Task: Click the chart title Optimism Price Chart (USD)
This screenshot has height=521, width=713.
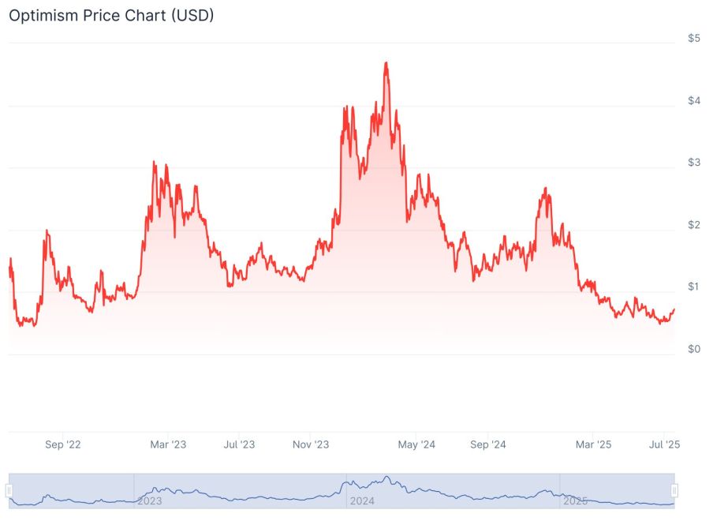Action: click(111, 15)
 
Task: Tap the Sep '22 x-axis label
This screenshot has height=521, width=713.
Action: click(63, 444)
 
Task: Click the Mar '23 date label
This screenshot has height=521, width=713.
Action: click(168, 444)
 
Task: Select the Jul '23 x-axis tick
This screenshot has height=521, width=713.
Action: click(238, 444)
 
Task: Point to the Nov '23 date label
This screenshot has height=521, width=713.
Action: click(311, 444)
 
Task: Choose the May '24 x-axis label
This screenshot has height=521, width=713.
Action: click(416, 444)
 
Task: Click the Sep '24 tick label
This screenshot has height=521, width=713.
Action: click(488, 444)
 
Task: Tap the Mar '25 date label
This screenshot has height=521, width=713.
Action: click(593, 444)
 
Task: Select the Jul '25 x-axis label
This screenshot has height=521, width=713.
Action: click(664, 444)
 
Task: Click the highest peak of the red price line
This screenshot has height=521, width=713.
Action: click(386, 62)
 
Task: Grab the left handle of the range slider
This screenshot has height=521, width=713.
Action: click(9, 491)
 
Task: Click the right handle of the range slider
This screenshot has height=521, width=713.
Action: click(674, 491)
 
